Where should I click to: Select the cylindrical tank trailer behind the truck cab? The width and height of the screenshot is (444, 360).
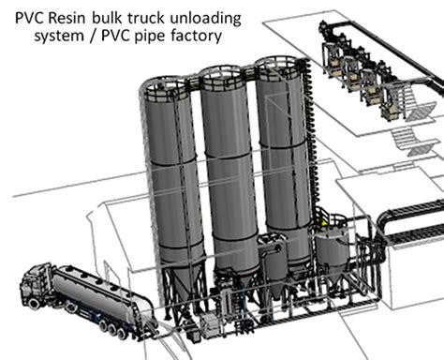tap(94, 285)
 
